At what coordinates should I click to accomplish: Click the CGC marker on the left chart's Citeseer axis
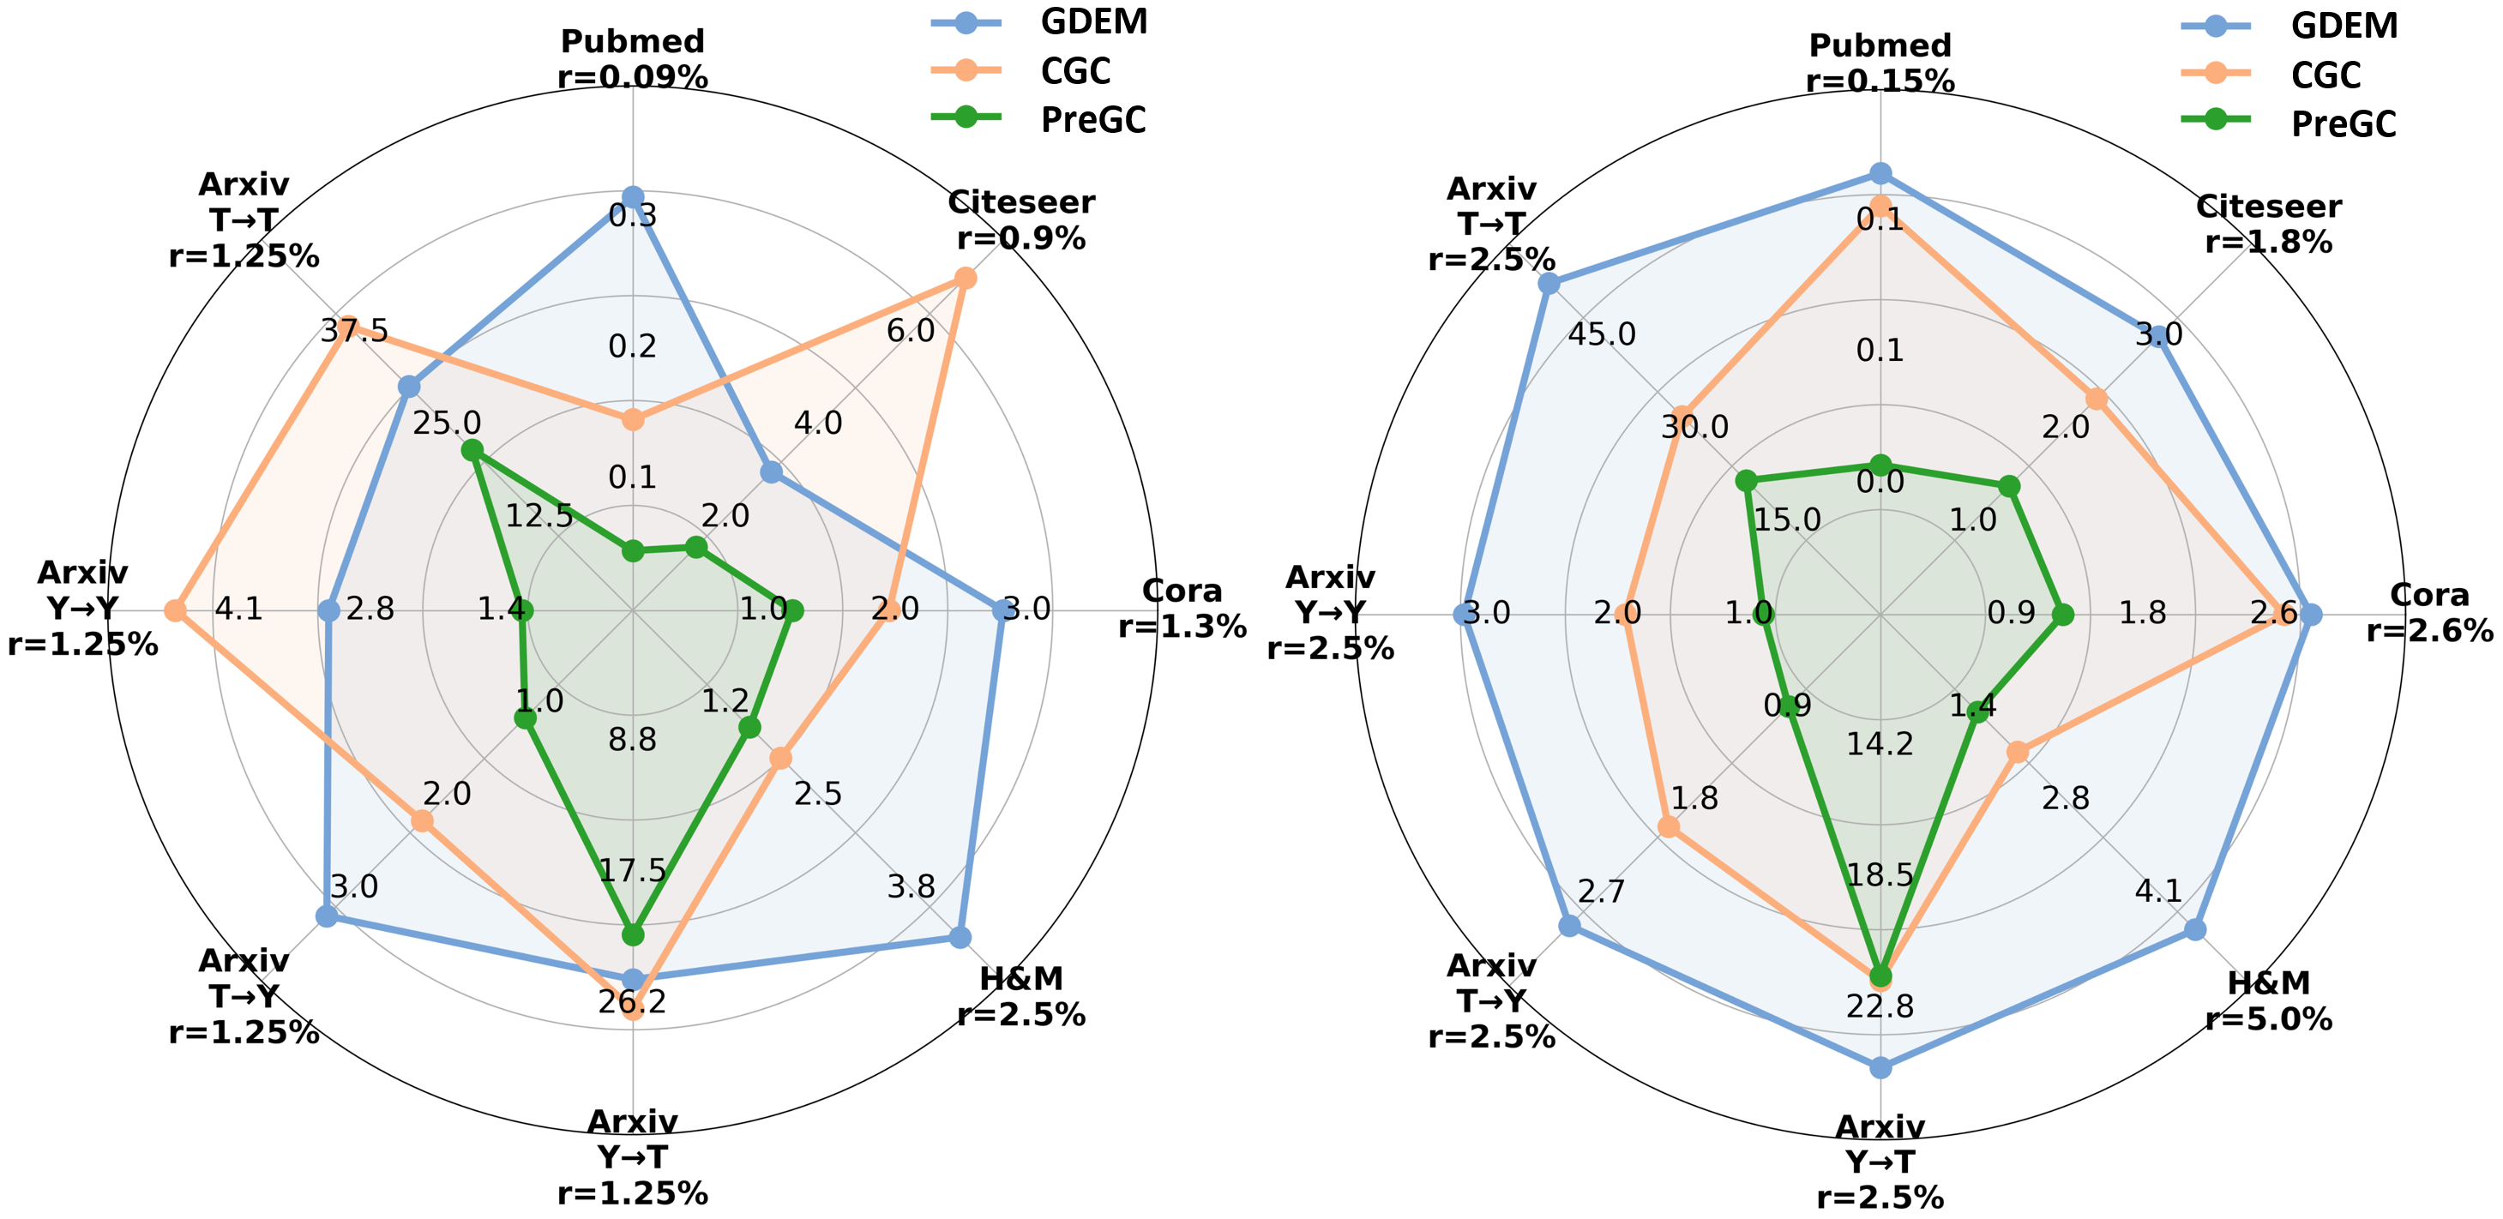click(x=965, y=279)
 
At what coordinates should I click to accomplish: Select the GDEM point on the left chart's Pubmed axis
click(x=633, y=198)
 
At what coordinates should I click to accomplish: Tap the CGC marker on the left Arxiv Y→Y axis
click(x=175, y=611)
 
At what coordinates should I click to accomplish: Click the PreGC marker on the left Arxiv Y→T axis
click(x=633, y=935)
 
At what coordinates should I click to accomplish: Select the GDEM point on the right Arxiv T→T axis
click(x=1549, y=284)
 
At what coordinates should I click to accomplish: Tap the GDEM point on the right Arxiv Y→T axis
click(x=1881, y=1068)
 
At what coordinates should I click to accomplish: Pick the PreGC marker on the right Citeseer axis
click(x=2009, y=487)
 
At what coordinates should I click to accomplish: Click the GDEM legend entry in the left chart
click(x=1039, y=22)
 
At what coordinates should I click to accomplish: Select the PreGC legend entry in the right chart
click(x=2289, y=124)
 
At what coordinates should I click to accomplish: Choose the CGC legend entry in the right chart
click(x=2289, y=75)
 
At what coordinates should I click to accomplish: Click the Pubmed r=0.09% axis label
click(x=633, y=59)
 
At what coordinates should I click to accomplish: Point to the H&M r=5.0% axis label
click(x=2269, y=1001)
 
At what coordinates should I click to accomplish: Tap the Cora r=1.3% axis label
click(x=1182, y=609)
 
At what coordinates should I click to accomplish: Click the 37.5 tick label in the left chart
click(x=355, y=331)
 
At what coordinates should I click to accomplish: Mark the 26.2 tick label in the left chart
click(x=633, y=1001)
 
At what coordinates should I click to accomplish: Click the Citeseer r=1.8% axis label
click(x=2269, y=224)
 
